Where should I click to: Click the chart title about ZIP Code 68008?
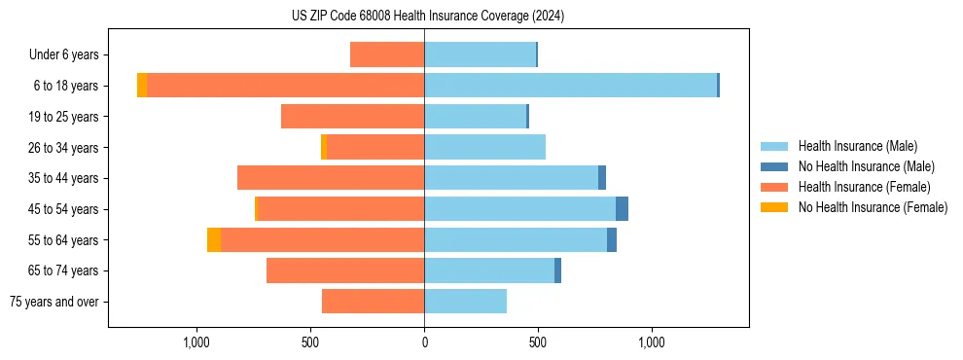428,16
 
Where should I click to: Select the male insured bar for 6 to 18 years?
570,86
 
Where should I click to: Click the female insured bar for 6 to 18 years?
285,86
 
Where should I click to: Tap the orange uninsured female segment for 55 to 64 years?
214,239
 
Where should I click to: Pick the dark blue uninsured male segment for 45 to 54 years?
622,209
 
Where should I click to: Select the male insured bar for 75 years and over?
465,302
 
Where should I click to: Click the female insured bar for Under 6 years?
387,54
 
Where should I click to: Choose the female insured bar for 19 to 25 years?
352,117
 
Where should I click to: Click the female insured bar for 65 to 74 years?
345,270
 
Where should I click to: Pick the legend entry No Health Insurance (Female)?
873,207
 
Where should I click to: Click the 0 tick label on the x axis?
424,342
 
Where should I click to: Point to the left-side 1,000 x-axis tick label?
196,342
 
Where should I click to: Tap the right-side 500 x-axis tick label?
537,342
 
